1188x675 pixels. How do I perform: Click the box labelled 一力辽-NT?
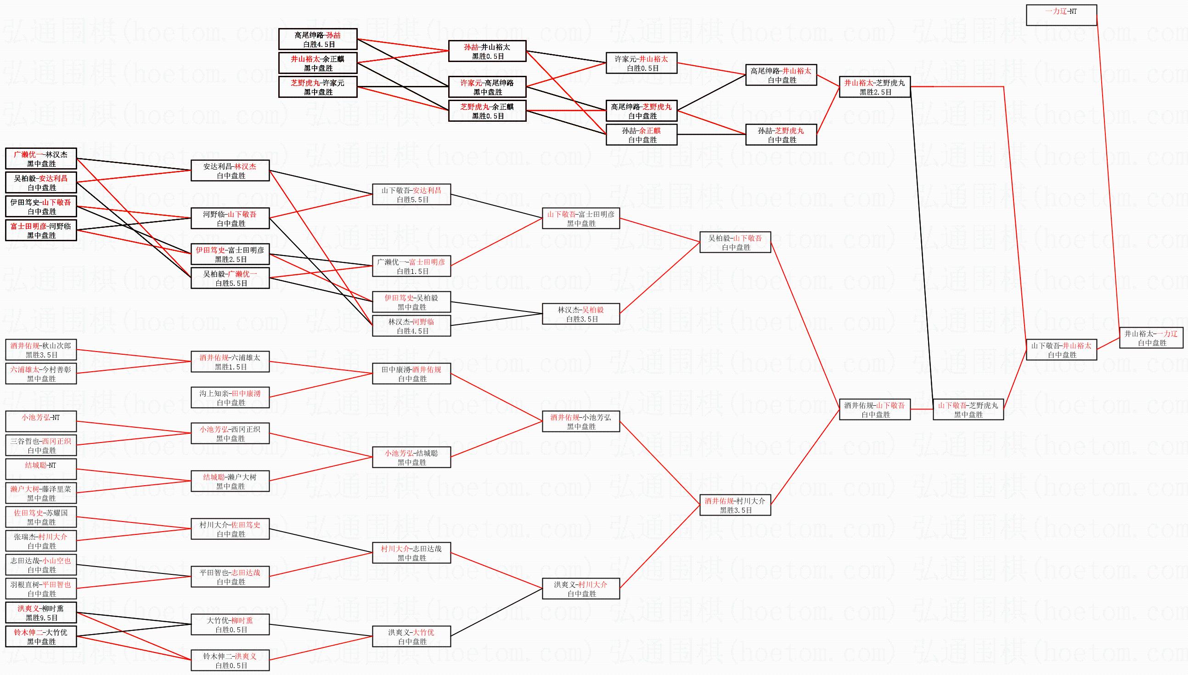click(1061, 15)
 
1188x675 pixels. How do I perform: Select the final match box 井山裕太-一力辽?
click(1151, 338)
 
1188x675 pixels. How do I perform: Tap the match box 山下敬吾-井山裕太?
click(1062, 350)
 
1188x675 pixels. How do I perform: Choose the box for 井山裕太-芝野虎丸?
click(875, 87)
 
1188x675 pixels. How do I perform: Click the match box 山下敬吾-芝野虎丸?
click(968, 410)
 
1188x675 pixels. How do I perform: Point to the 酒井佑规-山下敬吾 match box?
click(875, 410)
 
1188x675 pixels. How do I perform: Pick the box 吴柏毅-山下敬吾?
click(735, 243)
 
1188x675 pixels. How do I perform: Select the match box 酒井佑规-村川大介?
click(735, 505)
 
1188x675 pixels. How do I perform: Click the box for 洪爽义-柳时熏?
click(41, 613)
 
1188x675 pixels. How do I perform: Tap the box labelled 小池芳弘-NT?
click(41, 422)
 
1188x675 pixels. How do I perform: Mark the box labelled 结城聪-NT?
click(41, 470)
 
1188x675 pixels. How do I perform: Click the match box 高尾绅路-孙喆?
click(318, 40)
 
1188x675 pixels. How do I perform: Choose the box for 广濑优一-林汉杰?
click(41, 159)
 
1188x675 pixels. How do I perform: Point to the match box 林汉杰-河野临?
click(411, 326)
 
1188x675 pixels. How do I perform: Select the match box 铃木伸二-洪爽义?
click(230, 661)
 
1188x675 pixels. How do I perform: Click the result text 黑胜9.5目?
click(42, 618)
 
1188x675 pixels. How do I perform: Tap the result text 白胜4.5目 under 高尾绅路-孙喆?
click(319, 45)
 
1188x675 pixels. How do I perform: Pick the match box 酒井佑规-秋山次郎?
click(41, 350)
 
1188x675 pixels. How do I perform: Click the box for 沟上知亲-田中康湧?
click(230, 398)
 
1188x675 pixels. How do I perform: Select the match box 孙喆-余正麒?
click(642, 135)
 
